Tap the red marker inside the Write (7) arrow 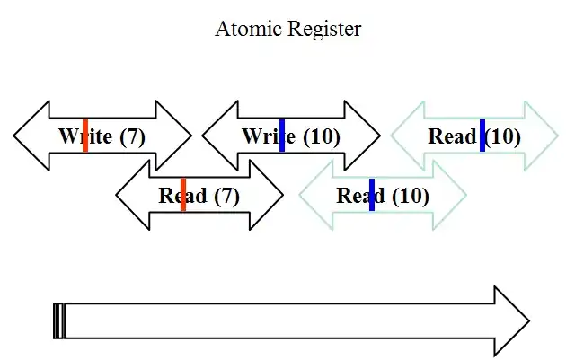pos(85,136)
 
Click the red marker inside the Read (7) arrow pos(183,195)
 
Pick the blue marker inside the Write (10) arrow pos(282,136)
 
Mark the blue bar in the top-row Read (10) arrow pos(482,136)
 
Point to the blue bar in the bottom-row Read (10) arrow pos(372,195)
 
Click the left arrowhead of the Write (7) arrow pos(31,136)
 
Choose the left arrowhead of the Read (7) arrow pos(133,195)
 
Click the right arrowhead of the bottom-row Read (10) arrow pos(449,195)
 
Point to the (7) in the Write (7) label pos(132,136)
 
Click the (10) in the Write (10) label pos(322,136)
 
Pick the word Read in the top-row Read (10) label pos(452,136)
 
